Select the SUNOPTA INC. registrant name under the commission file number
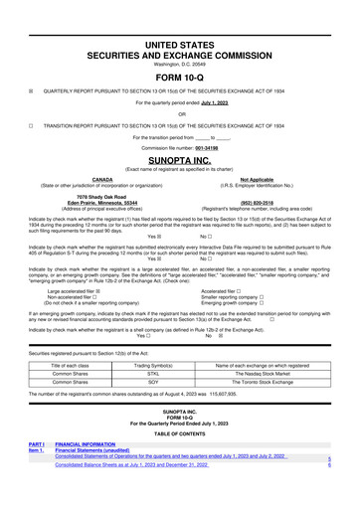(x=180, y=158)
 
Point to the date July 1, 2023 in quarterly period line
(x=222, y=101)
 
